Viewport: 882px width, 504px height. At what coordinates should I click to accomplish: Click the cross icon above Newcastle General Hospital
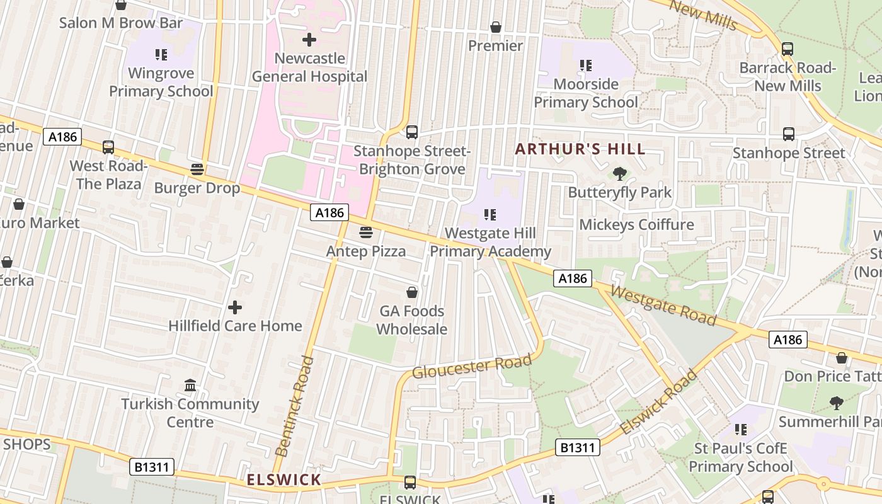tap(309, 40)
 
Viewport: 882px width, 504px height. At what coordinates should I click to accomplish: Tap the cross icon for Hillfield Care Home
tap(234, 307)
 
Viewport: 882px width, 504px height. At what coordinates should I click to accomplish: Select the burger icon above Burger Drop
tap(197, 169)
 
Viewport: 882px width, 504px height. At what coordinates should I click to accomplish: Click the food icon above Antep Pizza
tap(365, 232)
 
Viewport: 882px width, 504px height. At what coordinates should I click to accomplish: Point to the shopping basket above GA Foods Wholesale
tap(411, 292)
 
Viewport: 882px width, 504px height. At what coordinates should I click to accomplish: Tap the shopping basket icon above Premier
tap(496, 27)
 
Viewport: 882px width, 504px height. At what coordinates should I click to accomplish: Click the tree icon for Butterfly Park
tap(620, 173)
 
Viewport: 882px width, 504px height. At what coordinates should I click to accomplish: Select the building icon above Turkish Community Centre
tap(190, 385)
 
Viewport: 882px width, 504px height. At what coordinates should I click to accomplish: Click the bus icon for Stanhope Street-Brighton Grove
tap(411, 132)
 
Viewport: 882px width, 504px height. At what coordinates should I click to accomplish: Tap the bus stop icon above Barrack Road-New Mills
tap(787, 49)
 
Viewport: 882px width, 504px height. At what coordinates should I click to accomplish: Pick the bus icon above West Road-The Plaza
tap(108, 147)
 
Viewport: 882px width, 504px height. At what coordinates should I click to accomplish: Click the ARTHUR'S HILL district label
tap(580, 149)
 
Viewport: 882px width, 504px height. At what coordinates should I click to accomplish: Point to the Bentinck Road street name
tap(294, 406)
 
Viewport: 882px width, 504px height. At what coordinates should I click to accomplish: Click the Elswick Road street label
tap(658, 401)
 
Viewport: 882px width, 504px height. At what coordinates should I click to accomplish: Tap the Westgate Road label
tap(663, 306)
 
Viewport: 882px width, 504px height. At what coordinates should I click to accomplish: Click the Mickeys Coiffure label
tap(636, 225)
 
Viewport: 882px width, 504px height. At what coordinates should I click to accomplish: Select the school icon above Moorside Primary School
tap(586, 66)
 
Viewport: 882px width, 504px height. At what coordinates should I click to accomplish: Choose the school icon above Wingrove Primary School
tap(161, 55)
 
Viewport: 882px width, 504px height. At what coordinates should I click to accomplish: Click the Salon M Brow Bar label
tap(121, 23)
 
